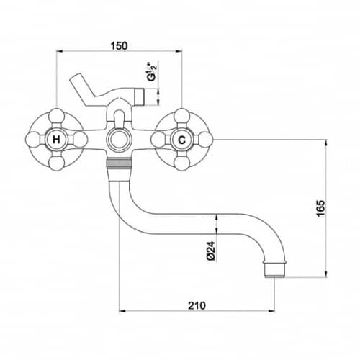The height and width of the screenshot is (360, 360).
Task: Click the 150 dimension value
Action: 119,45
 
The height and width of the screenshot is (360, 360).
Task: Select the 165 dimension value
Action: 320,208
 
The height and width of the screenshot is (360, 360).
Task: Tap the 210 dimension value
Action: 197,305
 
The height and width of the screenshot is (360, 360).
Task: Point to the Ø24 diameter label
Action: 211,251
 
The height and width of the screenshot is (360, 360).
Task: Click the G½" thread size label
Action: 152,71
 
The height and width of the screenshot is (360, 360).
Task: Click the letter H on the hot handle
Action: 56,140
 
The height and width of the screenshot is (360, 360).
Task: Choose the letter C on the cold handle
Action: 182,140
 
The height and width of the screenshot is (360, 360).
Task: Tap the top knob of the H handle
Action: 56,116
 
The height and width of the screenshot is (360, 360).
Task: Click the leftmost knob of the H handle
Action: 33,140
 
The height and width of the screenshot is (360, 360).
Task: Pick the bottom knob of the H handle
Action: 56,163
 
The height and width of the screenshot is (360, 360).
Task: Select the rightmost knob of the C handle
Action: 205,140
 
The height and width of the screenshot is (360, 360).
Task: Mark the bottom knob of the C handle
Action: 182,163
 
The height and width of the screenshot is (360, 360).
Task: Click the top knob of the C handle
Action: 182,116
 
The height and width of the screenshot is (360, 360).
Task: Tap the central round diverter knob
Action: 120,140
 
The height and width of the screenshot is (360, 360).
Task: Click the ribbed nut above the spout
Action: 120,163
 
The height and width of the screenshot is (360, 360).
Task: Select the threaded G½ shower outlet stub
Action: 139,97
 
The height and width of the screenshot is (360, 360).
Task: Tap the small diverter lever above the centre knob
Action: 120,119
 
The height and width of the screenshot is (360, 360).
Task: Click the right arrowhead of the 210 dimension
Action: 272,311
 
